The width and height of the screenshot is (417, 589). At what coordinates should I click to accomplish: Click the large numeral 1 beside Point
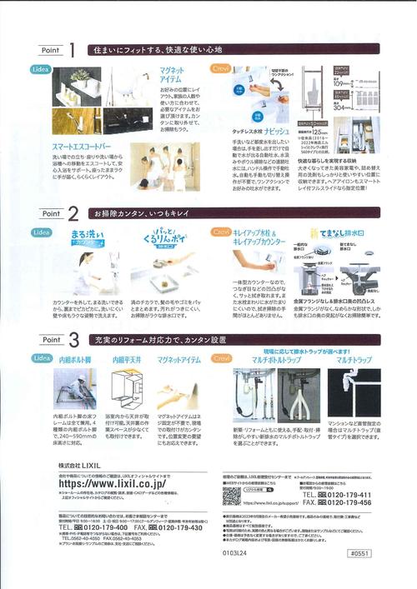(73, 51)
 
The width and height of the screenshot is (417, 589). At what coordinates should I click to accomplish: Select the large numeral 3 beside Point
(73, 339)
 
